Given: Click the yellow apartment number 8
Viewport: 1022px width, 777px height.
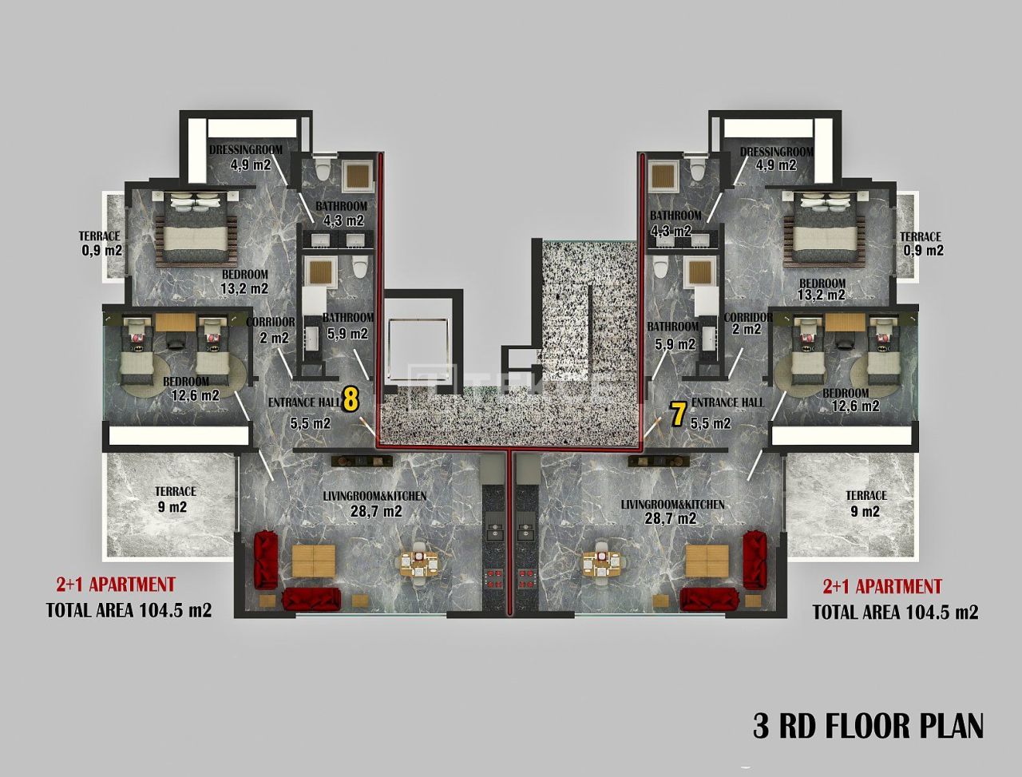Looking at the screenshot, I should pos(350,398).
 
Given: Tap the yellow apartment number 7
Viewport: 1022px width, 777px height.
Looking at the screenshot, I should pos(678,414).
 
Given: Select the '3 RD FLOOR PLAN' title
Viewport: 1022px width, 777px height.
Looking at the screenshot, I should pos(868,726).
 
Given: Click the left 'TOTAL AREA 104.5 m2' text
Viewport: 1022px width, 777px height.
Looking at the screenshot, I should pos(129,611).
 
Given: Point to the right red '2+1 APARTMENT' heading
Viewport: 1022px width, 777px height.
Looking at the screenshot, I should pos(882,587).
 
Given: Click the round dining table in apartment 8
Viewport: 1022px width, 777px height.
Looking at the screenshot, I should pos(418,564).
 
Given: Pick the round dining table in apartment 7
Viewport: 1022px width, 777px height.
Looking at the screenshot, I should pos(604,564).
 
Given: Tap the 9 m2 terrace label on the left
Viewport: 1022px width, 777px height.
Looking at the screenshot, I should pos(176,500).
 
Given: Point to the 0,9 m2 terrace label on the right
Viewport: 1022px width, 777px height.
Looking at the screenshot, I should pos(923,244).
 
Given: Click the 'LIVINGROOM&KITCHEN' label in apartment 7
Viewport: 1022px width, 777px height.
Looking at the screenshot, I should pos(673,505).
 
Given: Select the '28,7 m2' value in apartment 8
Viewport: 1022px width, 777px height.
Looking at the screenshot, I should pos(376,512).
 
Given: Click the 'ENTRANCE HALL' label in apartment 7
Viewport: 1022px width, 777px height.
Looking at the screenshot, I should pos(727,402).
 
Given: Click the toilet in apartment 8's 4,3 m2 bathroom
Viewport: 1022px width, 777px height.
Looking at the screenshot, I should pos(323,170).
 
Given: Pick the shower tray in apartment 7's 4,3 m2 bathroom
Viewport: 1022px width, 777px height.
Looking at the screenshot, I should pos(664,175).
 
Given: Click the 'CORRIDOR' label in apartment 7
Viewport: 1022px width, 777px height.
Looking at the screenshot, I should pos(747,318).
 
